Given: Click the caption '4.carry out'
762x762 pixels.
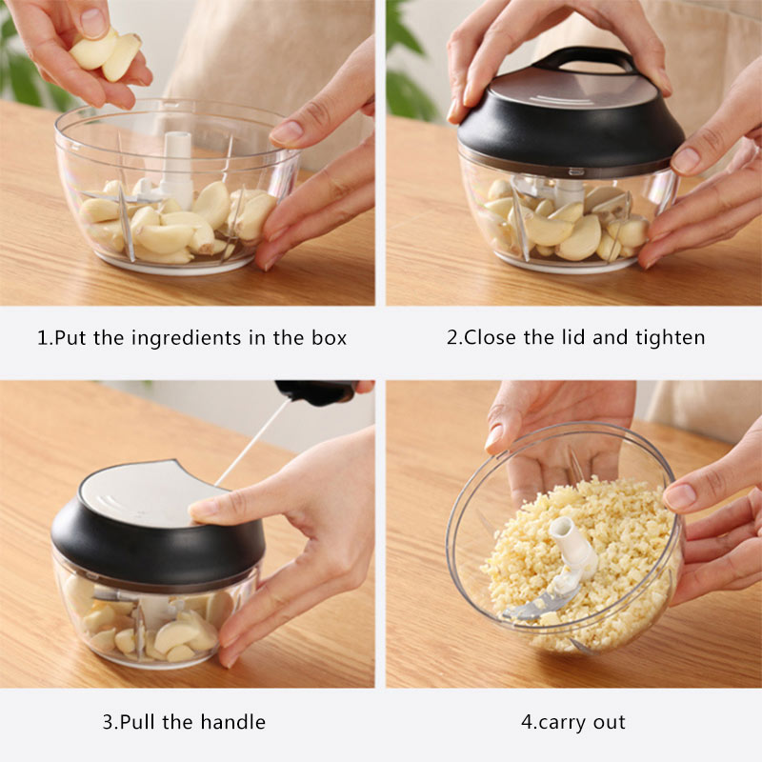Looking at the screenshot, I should tap(572, 721).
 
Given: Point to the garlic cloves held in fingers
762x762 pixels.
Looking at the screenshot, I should tap(107, 53).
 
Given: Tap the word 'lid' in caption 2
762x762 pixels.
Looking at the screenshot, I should tap(574, 337).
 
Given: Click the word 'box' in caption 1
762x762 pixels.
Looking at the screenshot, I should tap(330, 337).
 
